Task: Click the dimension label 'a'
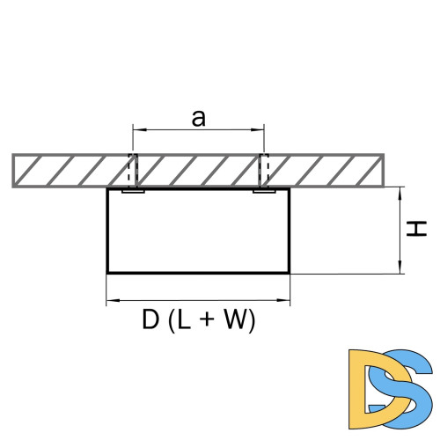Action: pyautogui.click(x=199, y=119)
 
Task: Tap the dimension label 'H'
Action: pyautogui.click(x=416, y=229)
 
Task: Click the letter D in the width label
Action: pyautogui.click(x=150, y=320)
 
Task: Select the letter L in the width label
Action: pyautogui.click(x=185, y=320)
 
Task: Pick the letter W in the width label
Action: pyautogui.click(x=231, y=320)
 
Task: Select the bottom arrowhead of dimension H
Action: pyautogui.click(x=400, y=267)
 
